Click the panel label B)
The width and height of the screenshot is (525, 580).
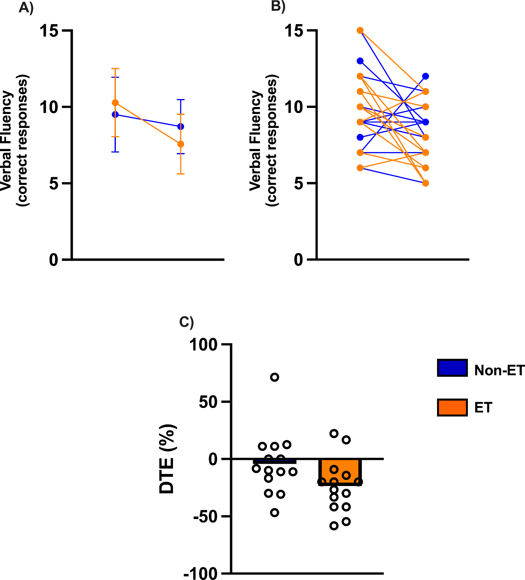(x=278, y=6)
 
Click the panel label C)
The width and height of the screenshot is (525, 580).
(x=186, y=322)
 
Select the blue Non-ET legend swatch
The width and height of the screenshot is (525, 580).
(x=452, y=368)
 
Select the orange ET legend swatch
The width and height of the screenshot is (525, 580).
(x=452, y=407)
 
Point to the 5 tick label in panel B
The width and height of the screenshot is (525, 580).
(x=299, y=183)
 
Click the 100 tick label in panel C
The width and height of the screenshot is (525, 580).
(x=203, y=344)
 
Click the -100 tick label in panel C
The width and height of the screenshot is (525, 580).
(x=201, y=573)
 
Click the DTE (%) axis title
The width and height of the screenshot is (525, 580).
(x=167, y=459)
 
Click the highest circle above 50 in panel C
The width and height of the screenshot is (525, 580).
(x=275, y=377)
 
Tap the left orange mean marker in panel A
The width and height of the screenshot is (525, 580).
(x=115, y=103)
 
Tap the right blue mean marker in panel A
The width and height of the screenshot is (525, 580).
(x=181, y=127)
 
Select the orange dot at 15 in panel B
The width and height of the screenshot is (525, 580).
(x=360, y=30)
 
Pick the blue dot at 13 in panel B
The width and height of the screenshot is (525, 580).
(x=360, y=61)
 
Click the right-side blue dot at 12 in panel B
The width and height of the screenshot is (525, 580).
(x=425, y=76)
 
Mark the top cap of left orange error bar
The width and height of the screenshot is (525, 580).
(x=115, y=68)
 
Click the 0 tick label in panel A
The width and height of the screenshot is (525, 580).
(x=54, y=260)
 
